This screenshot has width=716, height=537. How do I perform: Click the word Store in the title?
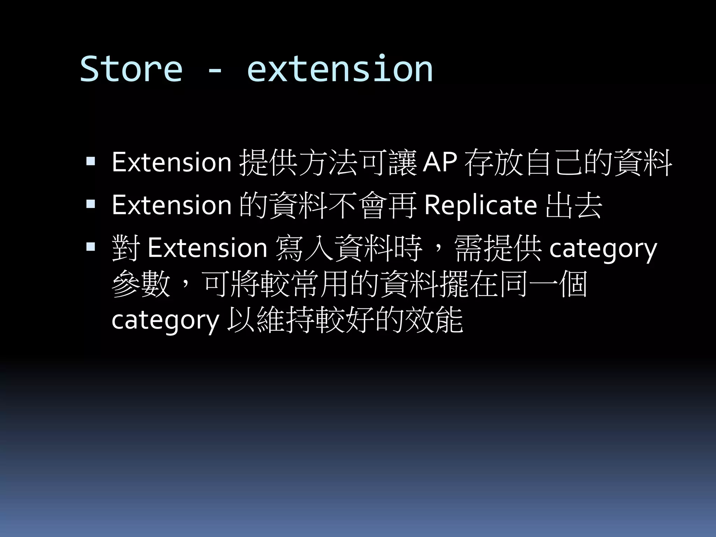pos(131,69)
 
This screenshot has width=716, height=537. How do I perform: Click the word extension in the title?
pos(340,69)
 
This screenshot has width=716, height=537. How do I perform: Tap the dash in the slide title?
pos(214,71)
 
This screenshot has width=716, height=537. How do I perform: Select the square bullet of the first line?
pos(91,161)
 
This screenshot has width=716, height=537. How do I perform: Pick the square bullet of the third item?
pos(91,247)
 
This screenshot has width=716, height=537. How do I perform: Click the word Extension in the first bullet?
pos(171,162)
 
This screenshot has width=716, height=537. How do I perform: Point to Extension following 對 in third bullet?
pos(207,248)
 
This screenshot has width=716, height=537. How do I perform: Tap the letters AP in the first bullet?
pos(439,162)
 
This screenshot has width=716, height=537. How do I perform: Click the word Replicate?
pos(480,206)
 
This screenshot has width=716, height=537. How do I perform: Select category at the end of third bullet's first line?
pos(603,249)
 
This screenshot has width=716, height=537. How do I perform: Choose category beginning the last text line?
pos(165,320)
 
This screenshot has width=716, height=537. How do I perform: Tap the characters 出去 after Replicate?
pos(573,206)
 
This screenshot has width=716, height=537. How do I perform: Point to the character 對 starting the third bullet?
pos(126,248)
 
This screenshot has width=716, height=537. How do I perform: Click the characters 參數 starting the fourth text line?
pos(141,284)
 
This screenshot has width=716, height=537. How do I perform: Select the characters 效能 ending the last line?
pos(434,320)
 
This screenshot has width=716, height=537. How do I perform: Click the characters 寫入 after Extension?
pos(304,248)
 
